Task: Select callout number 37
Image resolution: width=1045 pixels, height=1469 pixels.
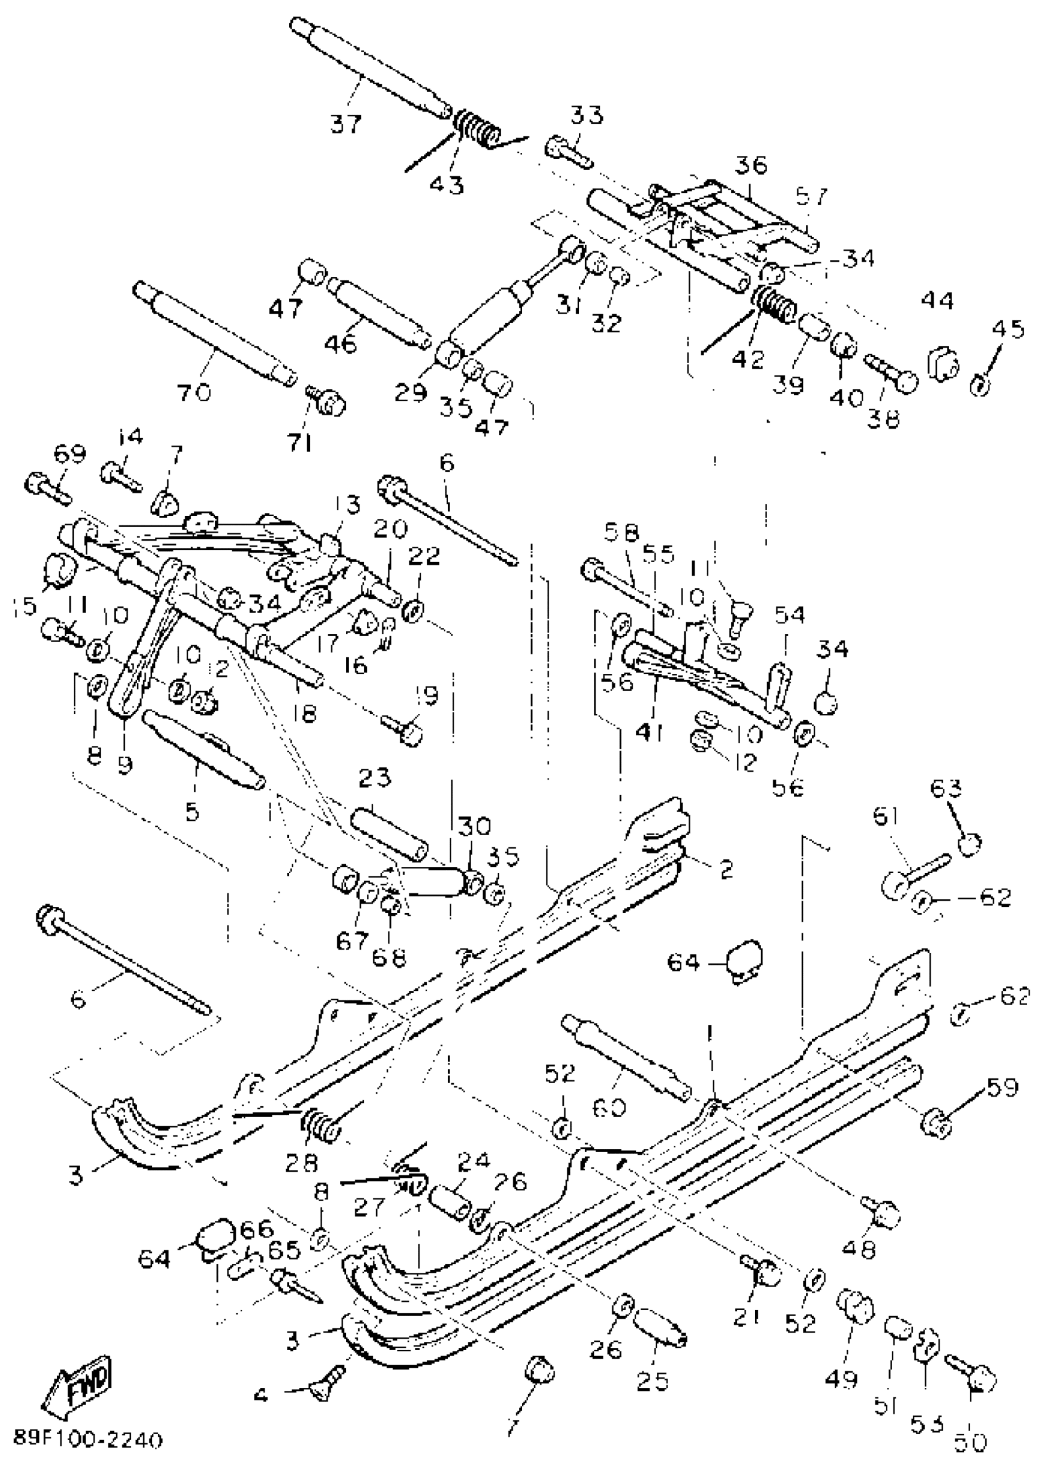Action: (346, 122)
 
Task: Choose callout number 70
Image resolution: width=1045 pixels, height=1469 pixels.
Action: (195, 390)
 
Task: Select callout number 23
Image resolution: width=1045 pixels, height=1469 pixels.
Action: (374, 778)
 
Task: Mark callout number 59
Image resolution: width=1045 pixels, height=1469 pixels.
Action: (1001, 1087)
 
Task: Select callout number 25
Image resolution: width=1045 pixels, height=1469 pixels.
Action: (652, 1381)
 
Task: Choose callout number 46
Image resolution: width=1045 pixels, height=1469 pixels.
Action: (341, 344)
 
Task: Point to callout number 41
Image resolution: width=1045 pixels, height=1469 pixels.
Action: (650, 731)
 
